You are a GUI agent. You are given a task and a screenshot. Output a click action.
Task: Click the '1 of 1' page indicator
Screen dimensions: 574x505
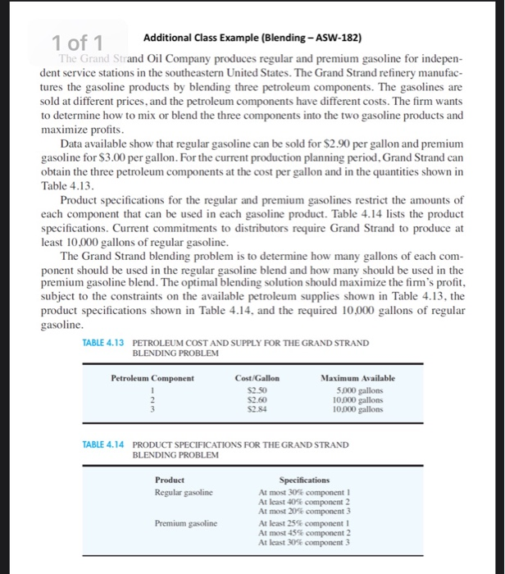coord(83,42)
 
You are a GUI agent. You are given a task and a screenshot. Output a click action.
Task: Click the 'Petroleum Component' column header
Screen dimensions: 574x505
coord(152,378)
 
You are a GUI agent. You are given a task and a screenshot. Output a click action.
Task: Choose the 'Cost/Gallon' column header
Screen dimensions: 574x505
coord(257,378)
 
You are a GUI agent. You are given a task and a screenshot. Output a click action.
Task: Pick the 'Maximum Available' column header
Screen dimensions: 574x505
coord(357,378)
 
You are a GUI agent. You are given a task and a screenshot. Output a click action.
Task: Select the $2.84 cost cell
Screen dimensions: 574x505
coord(257,408)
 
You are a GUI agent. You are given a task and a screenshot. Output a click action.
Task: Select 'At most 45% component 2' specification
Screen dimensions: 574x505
coord(305,531)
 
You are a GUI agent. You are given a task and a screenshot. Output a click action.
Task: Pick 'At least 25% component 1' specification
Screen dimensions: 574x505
coord(305,522)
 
